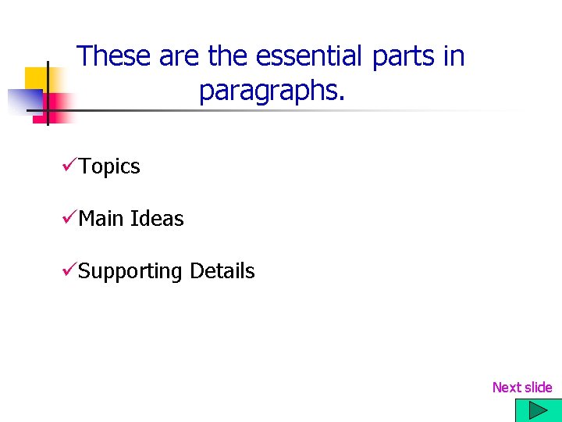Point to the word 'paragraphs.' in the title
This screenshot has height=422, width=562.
271,91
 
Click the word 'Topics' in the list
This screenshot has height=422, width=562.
109,166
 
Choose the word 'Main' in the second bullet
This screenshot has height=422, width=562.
101,219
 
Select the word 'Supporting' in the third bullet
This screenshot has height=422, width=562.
130,271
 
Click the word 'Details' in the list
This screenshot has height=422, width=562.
222,271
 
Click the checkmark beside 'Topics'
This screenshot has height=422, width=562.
68,166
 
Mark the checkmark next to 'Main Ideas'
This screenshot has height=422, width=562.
68,218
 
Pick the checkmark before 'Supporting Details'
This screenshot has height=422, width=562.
68,270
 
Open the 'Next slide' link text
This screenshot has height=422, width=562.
521,388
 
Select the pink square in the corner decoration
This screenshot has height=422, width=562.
56,105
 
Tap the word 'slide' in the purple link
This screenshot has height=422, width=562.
538,388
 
